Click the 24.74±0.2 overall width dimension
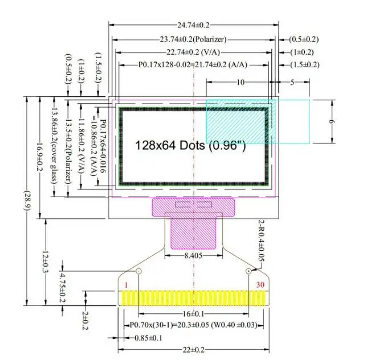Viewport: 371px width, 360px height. point(193,25)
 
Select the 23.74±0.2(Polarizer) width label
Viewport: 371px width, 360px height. point(193,39)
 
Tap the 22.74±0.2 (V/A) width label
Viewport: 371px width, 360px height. point(193,52)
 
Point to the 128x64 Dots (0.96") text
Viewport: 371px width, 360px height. point(190,145)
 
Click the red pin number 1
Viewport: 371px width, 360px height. point(126,285)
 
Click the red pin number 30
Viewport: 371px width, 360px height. point(260,285)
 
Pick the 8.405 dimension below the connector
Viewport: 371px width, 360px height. point(193,255)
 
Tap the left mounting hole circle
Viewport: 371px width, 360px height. point(138,271)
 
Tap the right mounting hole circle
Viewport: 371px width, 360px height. point(248,271)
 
